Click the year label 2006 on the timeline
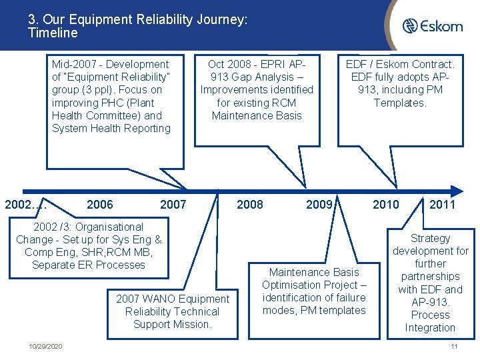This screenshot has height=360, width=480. [100, 205]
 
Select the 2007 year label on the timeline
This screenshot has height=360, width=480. [173, 205]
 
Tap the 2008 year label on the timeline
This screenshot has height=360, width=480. [250, 205]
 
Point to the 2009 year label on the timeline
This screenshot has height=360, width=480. [319, 205]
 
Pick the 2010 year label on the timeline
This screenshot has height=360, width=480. [386, 205]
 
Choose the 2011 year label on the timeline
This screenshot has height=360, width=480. [442, 205]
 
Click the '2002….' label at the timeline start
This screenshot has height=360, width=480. [25, 205]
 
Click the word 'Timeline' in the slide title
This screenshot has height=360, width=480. [53, 33]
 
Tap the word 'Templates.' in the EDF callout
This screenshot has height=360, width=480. [400, 103]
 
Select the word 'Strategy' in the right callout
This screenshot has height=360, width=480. [430, 239]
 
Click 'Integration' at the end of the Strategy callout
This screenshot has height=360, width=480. [430, 327]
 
